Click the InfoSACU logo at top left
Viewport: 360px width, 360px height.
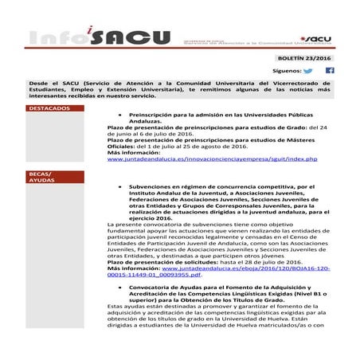96,37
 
